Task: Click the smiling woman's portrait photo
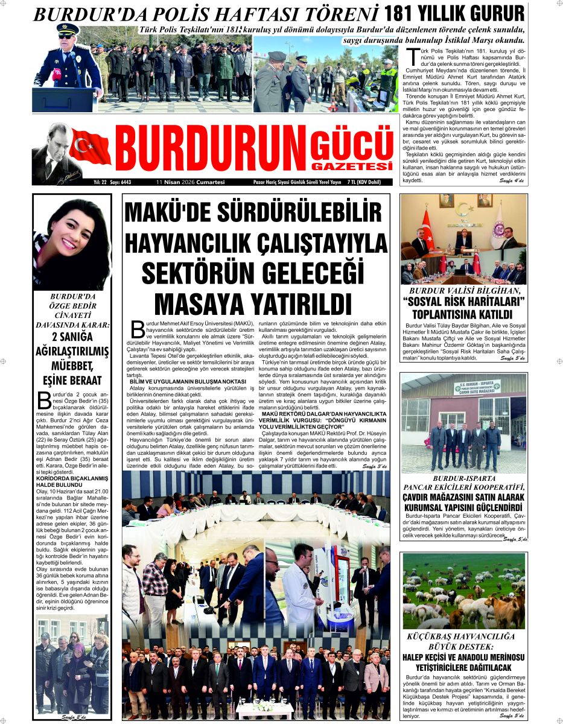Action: pyautogui.click(x=72, y=244)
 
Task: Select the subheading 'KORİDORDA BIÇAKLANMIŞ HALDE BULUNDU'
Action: pyautogui.click(x=71, y=482)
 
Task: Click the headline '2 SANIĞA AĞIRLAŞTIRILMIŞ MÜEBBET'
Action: pyautogui.click(x=72, y=351)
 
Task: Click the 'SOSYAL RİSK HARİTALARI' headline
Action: pyautogui.click(x=463, y=302)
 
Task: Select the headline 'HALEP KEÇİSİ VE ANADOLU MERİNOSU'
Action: pyautogui.click(x=463, y=657)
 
